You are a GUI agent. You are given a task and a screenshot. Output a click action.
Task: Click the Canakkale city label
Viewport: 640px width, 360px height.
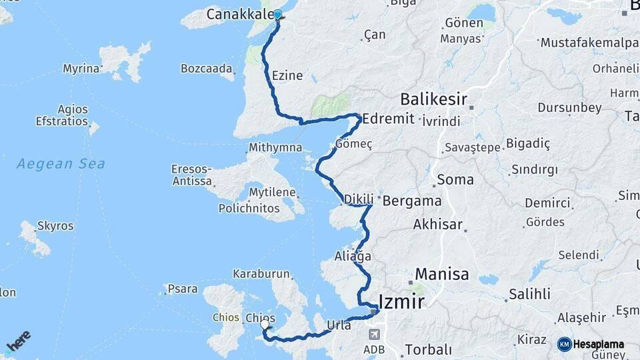point(239,14)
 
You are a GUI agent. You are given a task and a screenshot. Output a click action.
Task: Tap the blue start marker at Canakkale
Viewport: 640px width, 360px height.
point(277,14)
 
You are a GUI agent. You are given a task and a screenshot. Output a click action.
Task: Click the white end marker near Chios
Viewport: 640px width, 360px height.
point(265,324)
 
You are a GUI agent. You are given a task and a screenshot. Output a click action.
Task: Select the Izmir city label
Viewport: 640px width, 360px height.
point(401,302)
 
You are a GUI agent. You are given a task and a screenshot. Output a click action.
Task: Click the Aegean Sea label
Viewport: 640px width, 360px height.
point(61,163)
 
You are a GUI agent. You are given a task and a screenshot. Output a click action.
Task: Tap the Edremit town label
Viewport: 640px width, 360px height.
point(389,119)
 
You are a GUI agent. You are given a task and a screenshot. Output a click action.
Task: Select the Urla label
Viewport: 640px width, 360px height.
point(339,325)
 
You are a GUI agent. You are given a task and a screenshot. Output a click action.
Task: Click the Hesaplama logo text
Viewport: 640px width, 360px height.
point(598,344)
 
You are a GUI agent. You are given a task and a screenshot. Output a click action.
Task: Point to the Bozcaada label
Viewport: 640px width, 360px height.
point(207,68)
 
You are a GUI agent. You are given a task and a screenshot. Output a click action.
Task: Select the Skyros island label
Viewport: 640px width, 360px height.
point(55,226)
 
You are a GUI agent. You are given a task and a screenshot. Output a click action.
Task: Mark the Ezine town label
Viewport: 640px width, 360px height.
point(287,75)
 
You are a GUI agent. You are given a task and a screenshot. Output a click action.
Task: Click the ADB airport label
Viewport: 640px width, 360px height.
point(373,349)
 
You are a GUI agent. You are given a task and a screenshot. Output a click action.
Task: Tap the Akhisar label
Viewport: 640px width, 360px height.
point(437,224)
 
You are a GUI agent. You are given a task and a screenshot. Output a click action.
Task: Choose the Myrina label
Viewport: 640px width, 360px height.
point(81,68)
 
